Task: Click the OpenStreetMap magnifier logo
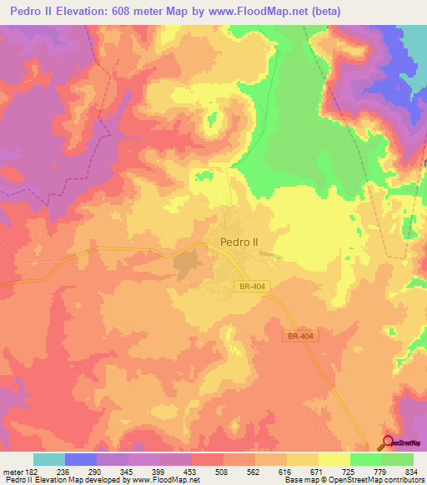pos(389,442)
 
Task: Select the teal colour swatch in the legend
pos(49,459)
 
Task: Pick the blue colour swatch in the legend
pos(81,459)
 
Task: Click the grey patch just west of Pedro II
pos(187,264)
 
